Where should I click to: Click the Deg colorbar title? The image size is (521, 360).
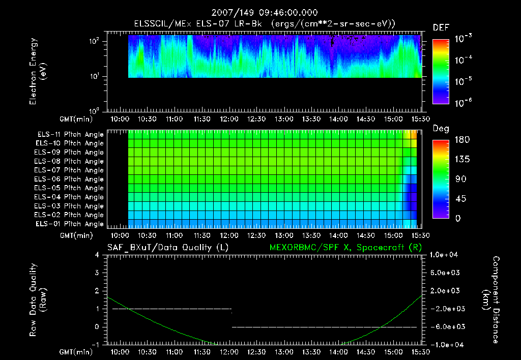coord(441,129)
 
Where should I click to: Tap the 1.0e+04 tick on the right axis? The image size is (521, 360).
coord(445,255)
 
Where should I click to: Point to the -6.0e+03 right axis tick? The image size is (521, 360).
coord(445,327)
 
